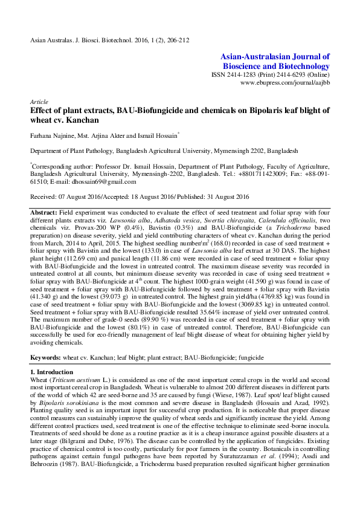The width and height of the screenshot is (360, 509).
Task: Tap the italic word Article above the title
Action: click(x=38, y=102)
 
